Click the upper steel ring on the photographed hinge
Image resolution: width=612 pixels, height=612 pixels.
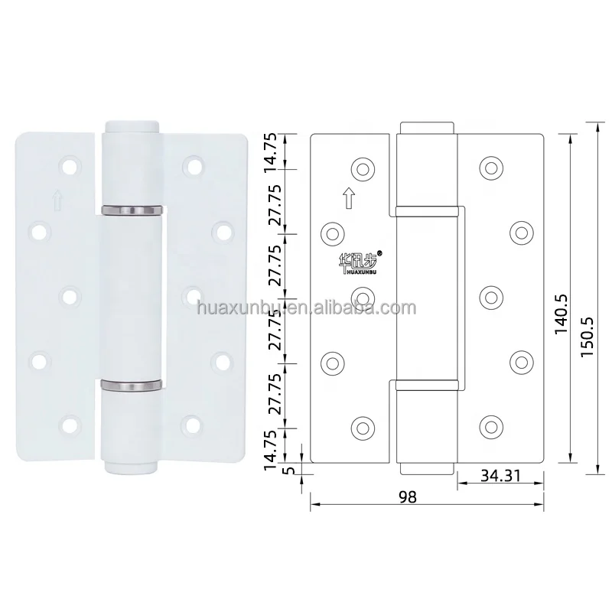pos(131,209)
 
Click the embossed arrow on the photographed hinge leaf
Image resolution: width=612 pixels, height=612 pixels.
pos(58,200)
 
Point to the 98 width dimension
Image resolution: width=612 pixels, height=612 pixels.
pos(408,496)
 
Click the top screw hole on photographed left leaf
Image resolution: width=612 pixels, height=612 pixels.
pos(71,164)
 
